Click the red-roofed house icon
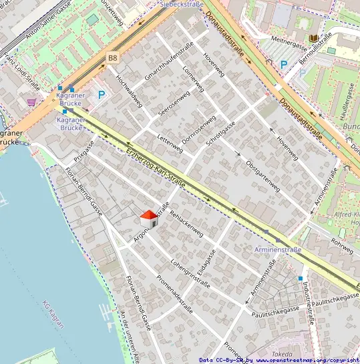click(149, 218)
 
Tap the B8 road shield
click(112, 59)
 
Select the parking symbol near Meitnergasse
click(284, 65)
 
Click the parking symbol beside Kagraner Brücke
click(102, 96)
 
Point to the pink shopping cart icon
click(31, 102)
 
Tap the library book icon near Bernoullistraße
click(314, 39)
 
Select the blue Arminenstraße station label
click(278, 250)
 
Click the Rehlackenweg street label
click(186, 224)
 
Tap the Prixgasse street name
click(84, 151)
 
